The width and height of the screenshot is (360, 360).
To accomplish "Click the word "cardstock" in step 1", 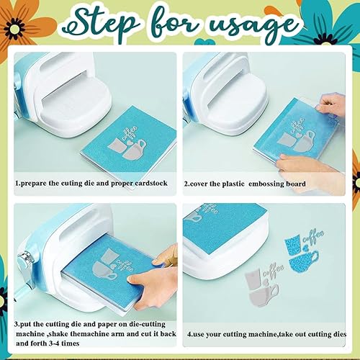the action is click(151, 184).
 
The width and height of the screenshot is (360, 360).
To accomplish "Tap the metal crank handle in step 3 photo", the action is click(26, 261).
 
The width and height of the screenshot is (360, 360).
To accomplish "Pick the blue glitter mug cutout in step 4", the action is click(304, 261).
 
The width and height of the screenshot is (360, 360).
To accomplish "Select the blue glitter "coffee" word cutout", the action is click(313, 236).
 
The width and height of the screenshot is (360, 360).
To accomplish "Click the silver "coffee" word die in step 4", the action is click(274, 271).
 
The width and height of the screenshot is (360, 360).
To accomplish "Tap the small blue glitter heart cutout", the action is click(306, 248).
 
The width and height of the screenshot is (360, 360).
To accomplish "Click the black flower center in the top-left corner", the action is click(14, 29).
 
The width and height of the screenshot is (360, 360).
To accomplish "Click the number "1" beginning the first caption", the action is click(17, 184).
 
